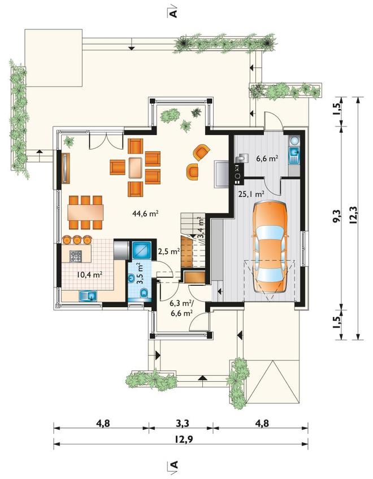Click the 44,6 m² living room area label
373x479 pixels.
tap(145, 214)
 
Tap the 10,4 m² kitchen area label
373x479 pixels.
tap(89, 275)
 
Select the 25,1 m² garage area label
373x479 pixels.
tap(251, 194)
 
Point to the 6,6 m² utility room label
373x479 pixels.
tap(267, 158)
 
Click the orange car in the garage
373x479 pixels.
tap(270, 247)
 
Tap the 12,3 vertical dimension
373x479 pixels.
tap(354, 216)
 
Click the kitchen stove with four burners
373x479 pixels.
tap(76, 256)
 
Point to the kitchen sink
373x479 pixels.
tap(88, 296)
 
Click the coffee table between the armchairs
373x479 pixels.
tap(135, 167)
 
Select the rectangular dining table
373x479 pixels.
tap(85, 212)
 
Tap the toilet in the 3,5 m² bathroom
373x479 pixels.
tap(144, 294)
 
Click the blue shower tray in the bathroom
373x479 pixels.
tap(141, 250)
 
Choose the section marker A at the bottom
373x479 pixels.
tap(173, 465)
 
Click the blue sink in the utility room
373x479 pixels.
tap(294, 151)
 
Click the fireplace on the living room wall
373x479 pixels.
tap(222, 173)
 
